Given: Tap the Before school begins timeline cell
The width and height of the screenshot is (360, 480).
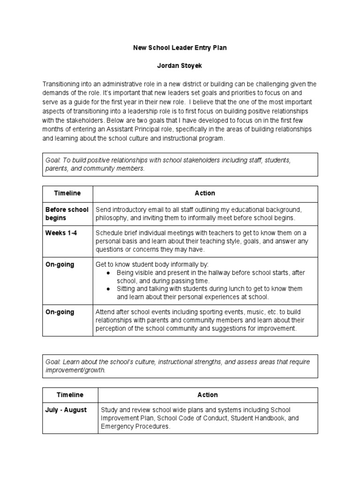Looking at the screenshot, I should [x=67, y=214].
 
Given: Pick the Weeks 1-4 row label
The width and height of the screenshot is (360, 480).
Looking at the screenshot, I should [x=61, y=233].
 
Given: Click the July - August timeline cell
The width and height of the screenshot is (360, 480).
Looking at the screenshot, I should [x=66, y=410].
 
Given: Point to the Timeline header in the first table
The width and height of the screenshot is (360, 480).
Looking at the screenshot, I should [x=67, y=193].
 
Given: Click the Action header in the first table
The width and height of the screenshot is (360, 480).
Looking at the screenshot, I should [x=205, y=193].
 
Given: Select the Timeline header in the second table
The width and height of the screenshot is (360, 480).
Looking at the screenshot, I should [x=70, y=395].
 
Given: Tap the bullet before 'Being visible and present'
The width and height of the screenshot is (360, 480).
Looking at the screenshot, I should [x=109, y=273].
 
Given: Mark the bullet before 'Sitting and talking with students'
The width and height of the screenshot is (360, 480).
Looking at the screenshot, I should [x=109, y=289].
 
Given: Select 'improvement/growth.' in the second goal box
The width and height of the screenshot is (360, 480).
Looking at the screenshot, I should [x=75, y=370].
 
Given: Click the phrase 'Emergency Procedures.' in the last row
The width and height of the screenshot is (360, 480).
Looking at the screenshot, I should [x=135, y=427].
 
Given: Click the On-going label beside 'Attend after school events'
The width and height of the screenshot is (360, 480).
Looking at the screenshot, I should [x=60, y=312].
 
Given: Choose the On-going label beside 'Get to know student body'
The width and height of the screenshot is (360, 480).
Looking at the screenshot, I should [x=60, y=265].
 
